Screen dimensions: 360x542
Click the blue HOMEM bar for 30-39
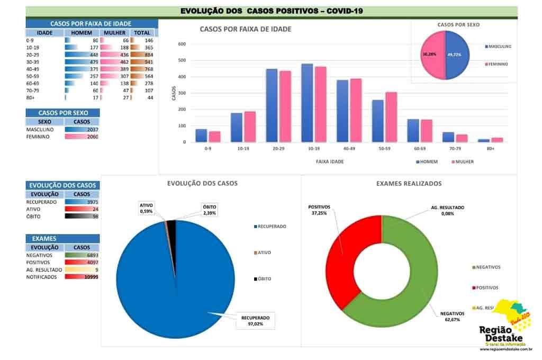[x=307, y=103]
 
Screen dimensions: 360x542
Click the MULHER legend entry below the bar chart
[x=462, y=161]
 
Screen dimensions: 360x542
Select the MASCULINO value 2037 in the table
[x=82, y=130]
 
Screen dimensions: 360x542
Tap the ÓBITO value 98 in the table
[x=82, y=216]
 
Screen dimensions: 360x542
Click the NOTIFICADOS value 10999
[x=82, y=277]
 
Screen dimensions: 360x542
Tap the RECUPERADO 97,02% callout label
[x=255, y=321]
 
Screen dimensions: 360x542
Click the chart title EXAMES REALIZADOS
[x=409, y=184]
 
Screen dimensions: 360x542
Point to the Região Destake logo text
[x=500, y=335]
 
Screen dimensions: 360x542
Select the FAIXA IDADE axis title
[x=329, y=161]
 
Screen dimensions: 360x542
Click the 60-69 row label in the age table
[x=33, y=84]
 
